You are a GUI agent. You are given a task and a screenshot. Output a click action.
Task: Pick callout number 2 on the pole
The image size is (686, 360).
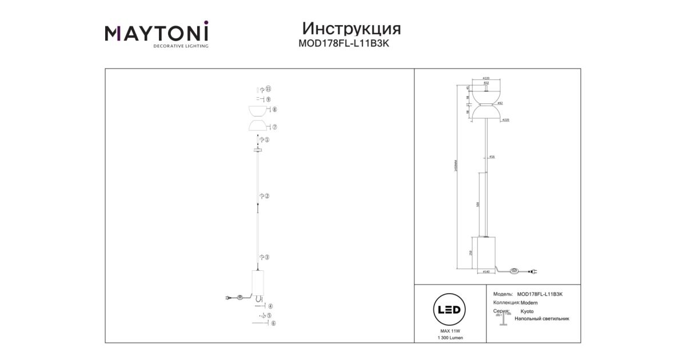267,195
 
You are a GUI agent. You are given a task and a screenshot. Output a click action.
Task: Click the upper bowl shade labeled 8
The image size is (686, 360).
257,110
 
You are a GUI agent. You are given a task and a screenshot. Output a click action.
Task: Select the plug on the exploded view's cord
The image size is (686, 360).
228,297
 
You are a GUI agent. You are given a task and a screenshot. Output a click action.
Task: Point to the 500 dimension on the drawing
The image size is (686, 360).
478,204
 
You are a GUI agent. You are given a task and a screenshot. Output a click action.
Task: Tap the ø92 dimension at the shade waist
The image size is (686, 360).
500,103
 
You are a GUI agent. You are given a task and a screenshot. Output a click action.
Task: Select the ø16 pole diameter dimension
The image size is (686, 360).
492,157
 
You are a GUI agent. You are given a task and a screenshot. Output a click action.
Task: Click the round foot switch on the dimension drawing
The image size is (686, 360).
514,270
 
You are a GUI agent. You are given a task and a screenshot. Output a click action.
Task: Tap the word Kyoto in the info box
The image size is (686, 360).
527,311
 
